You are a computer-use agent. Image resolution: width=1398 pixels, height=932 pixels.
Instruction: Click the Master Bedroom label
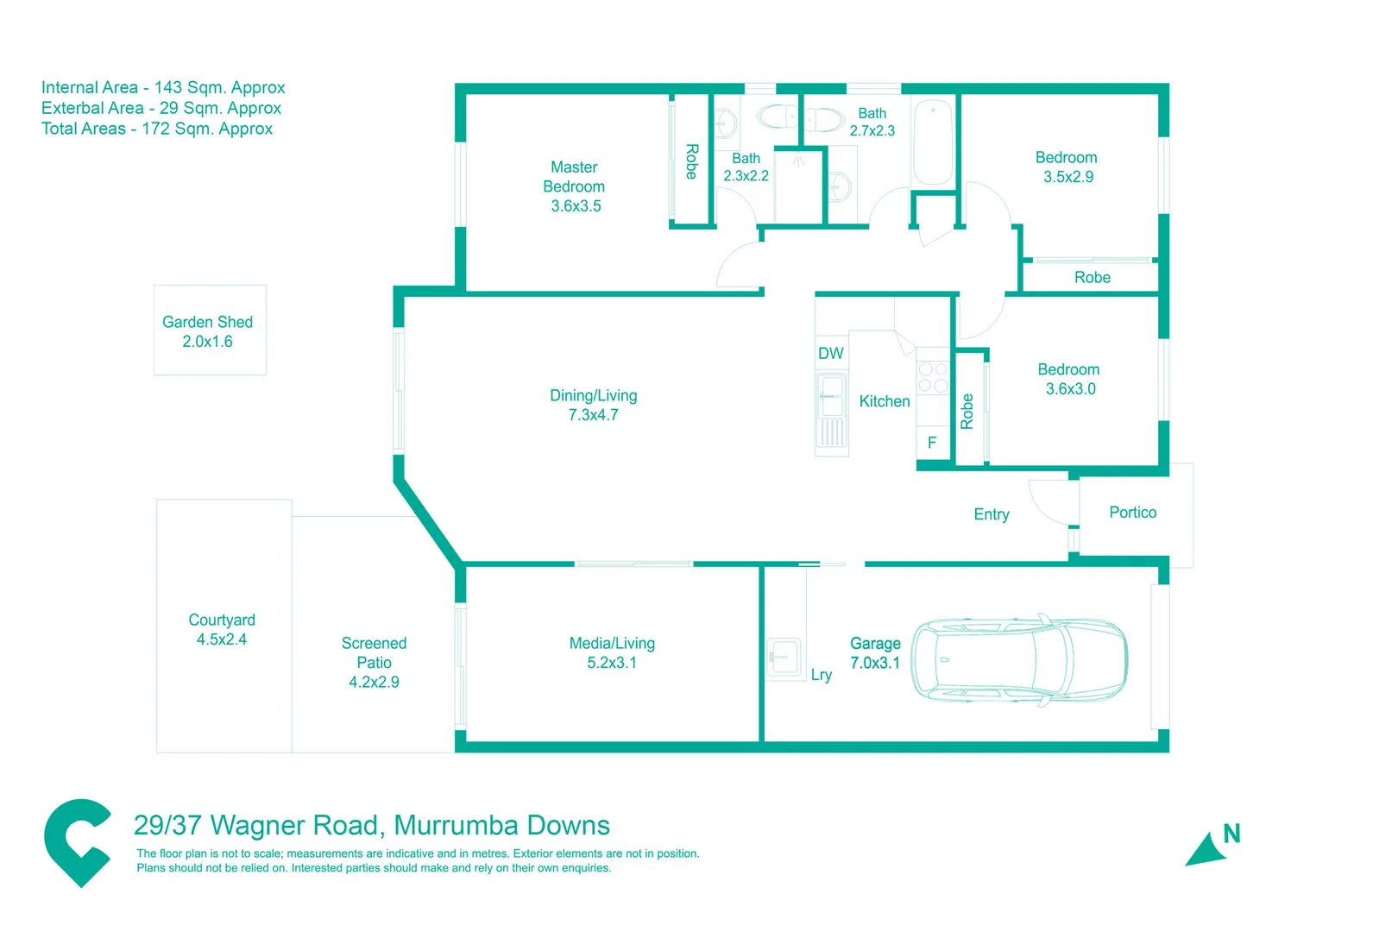(x=574, y=186)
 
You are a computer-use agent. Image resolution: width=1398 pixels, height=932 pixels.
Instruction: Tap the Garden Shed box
(x=210, y=331)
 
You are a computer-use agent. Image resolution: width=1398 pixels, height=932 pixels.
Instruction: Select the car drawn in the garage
(x=1019, y=660)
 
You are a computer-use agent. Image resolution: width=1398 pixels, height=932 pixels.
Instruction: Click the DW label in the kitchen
(x=830, y=353)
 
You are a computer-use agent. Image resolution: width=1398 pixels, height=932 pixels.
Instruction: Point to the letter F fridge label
(x=932, y=443)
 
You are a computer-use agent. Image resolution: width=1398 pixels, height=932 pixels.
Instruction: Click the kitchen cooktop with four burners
(x=933, y=377)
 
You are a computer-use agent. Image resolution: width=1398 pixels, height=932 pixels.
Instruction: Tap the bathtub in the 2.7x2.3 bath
(x=933, y=143)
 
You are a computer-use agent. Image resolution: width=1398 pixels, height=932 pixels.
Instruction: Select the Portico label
(x=1132, y=513)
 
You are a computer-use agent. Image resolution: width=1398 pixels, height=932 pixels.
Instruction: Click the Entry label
(x=991, y=514)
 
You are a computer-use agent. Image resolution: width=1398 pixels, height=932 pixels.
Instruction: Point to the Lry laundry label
(x=821, y=675)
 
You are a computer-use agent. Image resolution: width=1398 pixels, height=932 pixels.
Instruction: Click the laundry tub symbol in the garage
(x=784, y=657)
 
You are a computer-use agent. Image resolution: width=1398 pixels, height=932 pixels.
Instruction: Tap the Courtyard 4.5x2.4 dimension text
(x=222, y=639)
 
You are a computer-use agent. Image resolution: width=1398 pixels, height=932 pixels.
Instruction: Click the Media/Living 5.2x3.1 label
(x=612, y=653)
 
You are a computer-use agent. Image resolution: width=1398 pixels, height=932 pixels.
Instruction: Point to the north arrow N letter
(x=1231, y=834)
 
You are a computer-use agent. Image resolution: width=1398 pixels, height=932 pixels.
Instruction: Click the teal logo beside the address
(x=78, y=841)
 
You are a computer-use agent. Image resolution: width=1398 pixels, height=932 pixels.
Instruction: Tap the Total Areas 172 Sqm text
(x=157, y=129)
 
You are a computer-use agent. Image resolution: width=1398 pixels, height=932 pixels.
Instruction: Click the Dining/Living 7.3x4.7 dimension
(x=593, y=415)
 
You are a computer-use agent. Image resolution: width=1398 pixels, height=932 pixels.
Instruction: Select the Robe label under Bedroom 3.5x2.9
(x=1092, y=277)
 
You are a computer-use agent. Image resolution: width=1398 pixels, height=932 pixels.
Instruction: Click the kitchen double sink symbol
(x=832, y=396)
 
